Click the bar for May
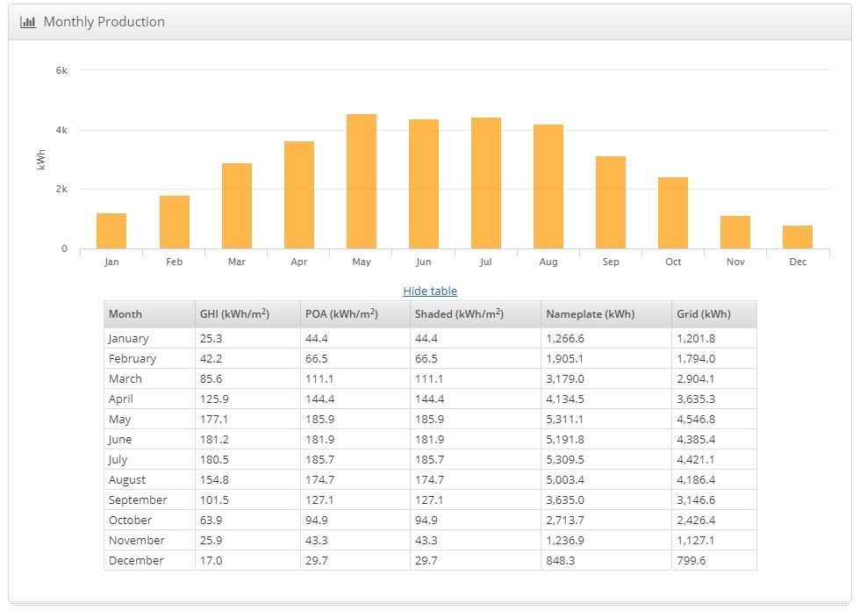[x=362, y=182]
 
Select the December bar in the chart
[x=798, y=237]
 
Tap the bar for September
[x=611, y=203]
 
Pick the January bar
[x=111, y=231]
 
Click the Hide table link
[x=430, y=291]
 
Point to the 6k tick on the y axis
[x=61, y=70]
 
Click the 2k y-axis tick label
[x=61, y=189]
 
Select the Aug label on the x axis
[x=548, y=262]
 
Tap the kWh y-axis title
[x=41, y=159]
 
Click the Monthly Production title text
[x=104, y=21]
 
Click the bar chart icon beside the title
[x=28, y=21]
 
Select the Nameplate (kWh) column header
[x=590, y=313]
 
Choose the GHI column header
[x=234, y=313]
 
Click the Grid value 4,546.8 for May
[x=696, y=419]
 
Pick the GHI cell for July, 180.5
[x=213, y=459]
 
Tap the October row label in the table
[x=130, y=520]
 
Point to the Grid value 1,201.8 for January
[x=696, y=338]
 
